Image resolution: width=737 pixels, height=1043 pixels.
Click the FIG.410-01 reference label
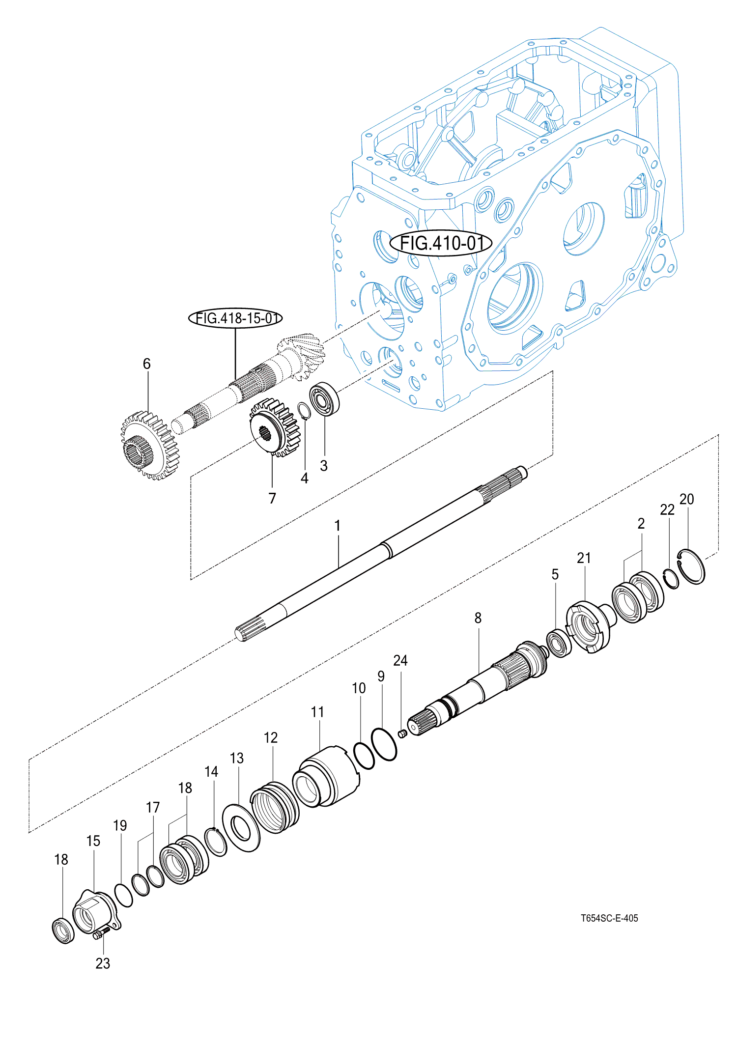coord(440,243)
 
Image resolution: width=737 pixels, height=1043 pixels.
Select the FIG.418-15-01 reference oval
coord(236,318)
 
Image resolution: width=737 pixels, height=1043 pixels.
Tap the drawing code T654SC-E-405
coord(609,918)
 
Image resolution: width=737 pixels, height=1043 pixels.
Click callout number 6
coord(146,364)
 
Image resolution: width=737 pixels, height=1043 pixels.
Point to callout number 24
coord(400,660)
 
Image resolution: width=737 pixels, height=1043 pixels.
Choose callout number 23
coord(103,963)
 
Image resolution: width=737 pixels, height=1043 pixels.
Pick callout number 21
coord(584,558)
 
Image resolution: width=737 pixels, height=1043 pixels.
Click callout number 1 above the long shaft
coord(338,526)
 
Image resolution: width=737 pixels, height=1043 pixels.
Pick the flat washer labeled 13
coord(241,828)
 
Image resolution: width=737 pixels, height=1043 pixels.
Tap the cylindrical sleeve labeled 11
coord(326,776)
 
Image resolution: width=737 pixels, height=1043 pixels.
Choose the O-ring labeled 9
coord(384,745)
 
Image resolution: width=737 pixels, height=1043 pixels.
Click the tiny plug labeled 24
coord(402,734)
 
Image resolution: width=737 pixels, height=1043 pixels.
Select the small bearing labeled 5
coord(559,643)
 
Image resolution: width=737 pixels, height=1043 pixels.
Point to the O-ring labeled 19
coord(123,895)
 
